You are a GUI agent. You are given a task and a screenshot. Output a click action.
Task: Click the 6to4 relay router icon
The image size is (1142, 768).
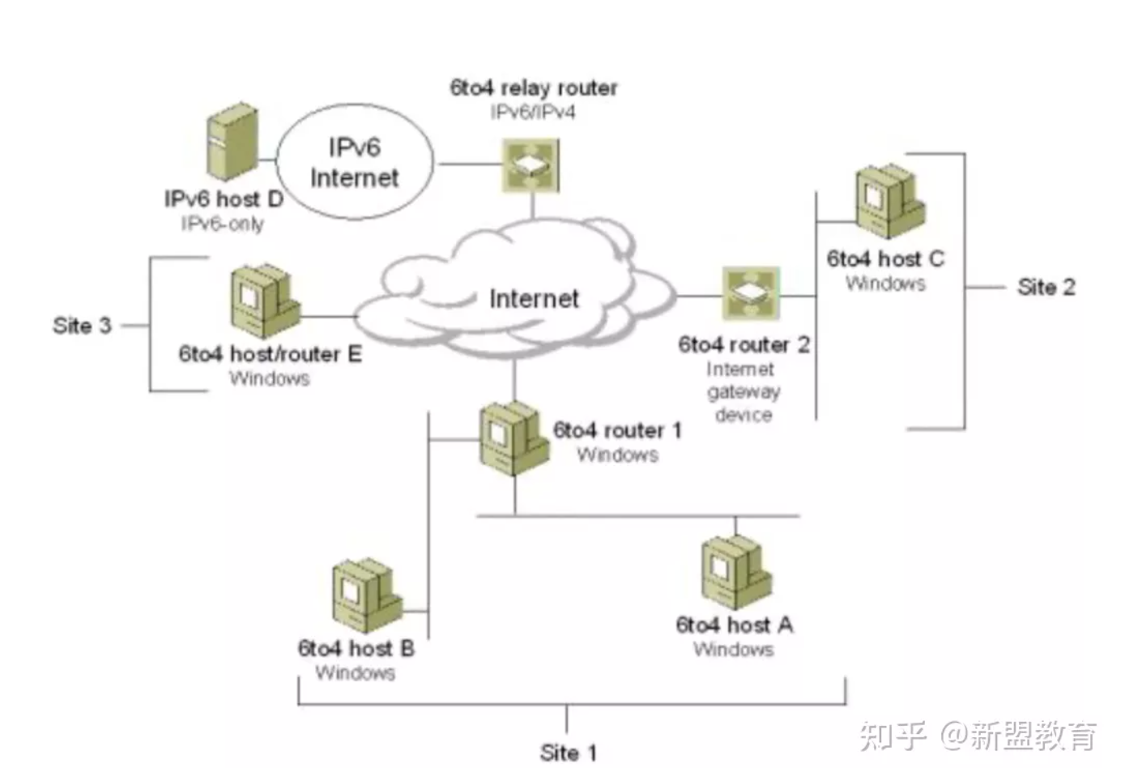click(x=531, y=165)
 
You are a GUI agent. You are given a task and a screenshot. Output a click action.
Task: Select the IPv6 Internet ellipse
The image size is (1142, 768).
click(x=354, y=162)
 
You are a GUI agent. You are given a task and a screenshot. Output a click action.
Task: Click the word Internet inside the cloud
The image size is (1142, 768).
click(x=534, y=299)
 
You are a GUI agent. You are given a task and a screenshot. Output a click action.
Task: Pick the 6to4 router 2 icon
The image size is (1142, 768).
click(x=751, y=292)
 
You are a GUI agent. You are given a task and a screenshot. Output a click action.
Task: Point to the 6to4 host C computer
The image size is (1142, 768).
click(x=889, y=200)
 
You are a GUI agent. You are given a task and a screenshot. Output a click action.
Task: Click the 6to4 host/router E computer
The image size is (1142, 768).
click(x=265, y=301)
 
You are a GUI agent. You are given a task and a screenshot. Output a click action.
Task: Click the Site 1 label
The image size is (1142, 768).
click(x=568, y=753)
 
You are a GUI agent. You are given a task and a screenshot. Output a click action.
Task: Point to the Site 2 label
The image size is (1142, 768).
click(x=1046, y=287)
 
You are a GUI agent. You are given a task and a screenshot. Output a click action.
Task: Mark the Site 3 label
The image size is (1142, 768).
click(x=82, y=326)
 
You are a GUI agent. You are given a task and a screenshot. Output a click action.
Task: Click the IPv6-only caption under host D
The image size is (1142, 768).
click(x=222, y=224)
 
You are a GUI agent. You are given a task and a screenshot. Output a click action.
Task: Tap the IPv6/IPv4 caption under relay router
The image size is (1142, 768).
click(x=532, y=113)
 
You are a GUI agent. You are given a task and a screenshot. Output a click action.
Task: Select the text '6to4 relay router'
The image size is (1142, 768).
click(x=533, y=87)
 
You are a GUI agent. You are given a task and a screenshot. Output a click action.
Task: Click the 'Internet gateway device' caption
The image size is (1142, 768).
click(x=743, y=392)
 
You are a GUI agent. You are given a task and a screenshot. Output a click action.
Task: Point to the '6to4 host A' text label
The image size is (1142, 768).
click(x=734, y=625)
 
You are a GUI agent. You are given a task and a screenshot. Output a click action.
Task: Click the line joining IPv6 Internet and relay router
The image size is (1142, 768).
click(x=468, y=164)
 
